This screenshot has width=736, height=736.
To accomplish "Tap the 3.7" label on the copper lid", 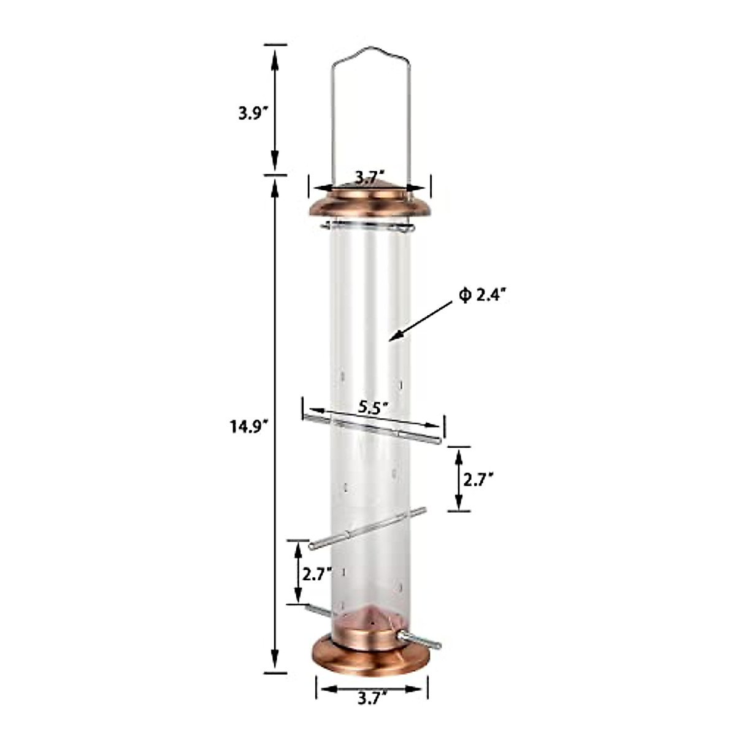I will click(x=369, y=177).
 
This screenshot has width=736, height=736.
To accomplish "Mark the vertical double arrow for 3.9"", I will click(x=275, y=110).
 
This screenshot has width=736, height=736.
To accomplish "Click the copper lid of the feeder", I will click(x=370, y=202).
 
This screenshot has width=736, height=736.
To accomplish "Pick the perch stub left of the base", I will click(x=316, y=610).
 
